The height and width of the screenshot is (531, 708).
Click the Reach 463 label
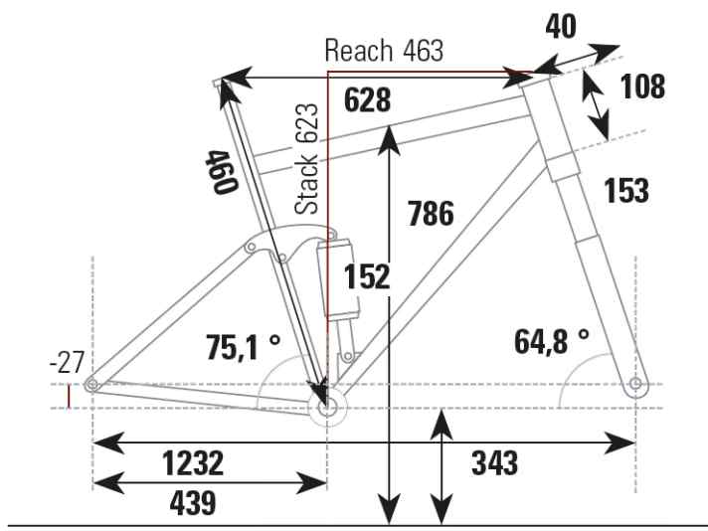tap(384, 51)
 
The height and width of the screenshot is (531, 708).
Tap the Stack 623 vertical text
tap(308, 158)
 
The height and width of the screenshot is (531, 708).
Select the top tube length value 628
tap(367, 99)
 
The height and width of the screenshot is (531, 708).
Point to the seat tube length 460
tap(221, 171)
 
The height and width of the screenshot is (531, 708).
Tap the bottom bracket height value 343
tap(494, 462)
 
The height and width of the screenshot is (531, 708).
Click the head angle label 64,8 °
tap(552, 341)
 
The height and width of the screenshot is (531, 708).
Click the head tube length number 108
tap(642, 87)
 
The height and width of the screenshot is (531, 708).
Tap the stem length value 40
tap(560, 26)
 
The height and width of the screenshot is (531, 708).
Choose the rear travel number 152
tap(367, 277)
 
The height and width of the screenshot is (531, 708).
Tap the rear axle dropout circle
tap(91, 384)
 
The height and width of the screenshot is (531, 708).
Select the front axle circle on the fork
tap(635, 384)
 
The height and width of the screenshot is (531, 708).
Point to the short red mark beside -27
tap(69, 397)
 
